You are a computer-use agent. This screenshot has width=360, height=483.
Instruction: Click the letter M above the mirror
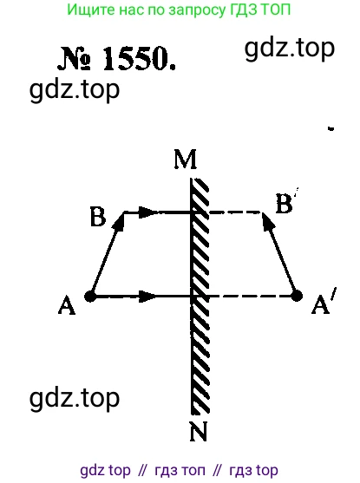[x=186, y=160]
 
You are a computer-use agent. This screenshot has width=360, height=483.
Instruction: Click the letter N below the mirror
[x=199, y=431]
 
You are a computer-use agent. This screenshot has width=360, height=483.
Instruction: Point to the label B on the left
[x=98, y=217]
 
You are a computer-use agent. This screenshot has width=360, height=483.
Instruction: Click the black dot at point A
[x=90, y=297]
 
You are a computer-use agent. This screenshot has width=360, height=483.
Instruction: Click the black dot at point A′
[x=297, y=297]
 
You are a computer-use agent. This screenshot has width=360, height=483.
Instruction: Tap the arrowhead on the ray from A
[x=148, y=297]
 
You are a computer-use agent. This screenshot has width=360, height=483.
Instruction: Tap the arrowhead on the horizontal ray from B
[x=148, y=212]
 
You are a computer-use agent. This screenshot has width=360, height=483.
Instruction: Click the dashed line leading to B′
[x=235, y=212]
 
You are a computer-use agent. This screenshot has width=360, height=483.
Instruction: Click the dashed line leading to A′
[x=250, y=297]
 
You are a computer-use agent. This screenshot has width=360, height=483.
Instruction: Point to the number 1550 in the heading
[x=139, y=59]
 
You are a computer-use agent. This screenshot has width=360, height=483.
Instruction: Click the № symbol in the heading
[x=75, y=58]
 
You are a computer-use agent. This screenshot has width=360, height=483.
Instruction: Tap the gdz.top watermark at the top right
[x=290, y=49]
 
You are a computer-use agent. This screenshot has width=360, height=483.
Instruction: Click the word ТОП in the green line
[x=276, y=10]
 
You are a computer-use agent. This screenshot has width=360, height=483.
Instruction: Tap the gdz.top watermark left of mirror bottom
[x=75, y=399]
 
